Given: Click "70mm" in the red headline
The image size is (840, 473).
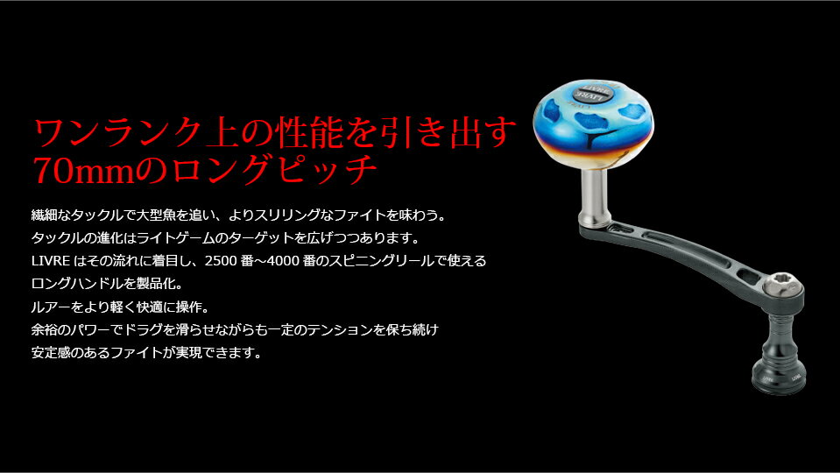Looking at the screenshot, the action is [83, 170].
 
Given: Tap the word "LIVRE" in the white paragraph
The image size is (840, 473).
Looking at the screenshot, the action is [51, 261].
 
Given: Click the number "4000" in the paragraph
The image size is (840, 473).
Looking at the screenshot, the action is [283, 261].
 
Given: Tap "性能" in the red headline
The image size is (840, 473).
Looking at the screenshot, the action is [308, 133].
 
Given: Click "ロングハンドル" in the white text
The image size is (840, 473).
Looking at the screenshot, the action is [77, 284].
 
